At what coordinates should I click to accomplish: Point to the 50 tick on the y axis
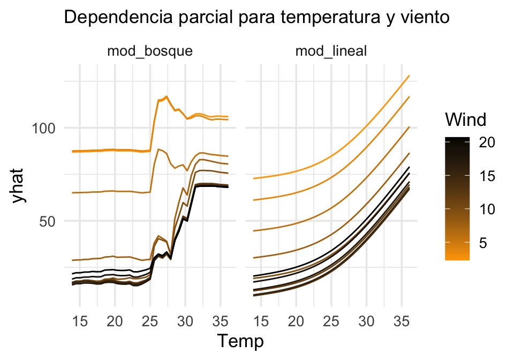tap(52, 221)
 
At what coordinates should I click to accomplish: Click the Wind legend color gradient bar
tap(457, 198)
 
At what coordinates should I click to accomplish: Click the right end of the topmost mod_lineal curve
tap(409, 76)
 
